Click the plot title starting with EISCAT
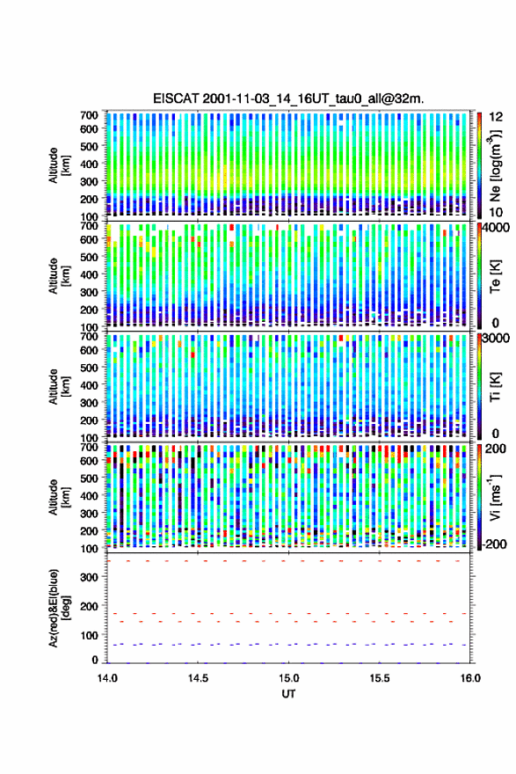pos(288,99)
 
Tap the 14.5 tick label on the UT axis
pos(198,678)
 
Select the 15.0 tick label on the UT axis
pos(288,678)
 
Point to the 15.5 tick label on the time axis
pos(380,678)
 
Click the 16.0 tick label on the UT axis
pos(470,678)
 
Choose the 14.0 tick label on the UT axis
pos(107,678)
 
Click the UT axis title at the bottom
pos(288,694)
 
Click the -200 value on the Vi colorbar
pos(495,544)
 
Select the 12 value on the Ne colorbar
pos(496,116)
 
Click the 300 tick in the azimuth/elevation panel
pos(90,577)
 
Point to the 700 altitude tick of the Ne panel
pos(90,115)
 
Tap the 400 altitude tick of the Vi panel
pos(90,495)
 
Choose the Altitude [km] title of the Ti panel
pos(60,386)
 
